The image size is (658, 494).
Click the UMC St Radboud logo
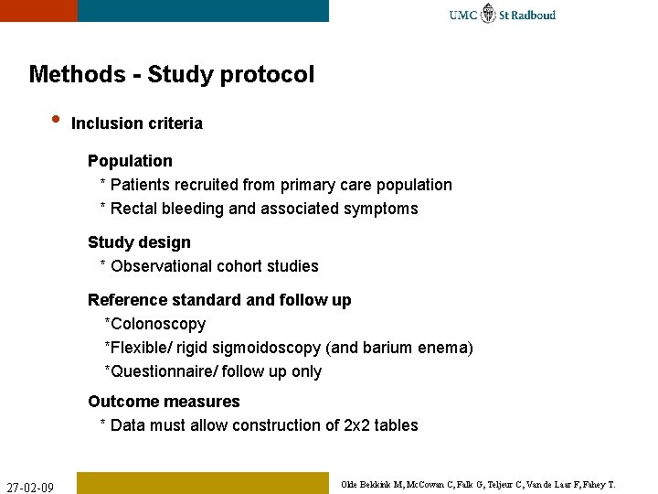tap(502, 14)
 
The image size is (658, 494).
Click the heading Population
tap(130, 161)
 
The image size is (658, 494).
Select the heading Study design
tap(139, 242)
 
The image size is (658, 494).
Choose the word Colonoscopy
tap(157, 324)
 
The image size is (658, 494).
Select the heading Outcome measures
tap(164, 402)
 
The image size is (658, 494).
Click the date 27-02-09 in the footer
tap(30, 485)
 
